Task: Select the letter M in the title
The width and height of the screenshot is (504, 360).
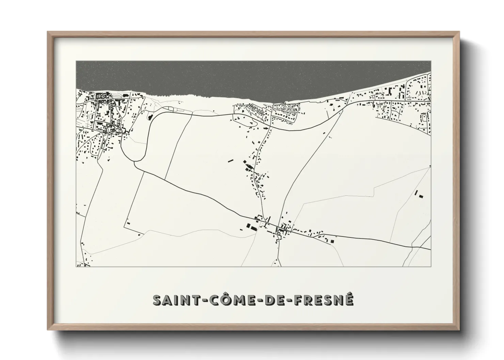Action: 233,300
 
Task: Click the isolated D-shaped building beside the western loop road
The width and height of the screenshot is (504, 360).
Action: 149,117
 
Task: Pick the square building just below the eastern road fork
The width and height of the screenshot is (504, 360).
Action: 332,241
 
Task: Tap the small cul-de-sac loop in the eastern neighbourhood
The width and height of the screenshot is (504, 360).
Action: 425,118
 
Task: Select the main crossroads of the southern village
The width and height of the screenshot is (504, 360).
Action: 279,227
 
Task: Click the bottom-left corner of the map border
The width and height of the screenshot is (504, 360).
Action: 76,267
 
